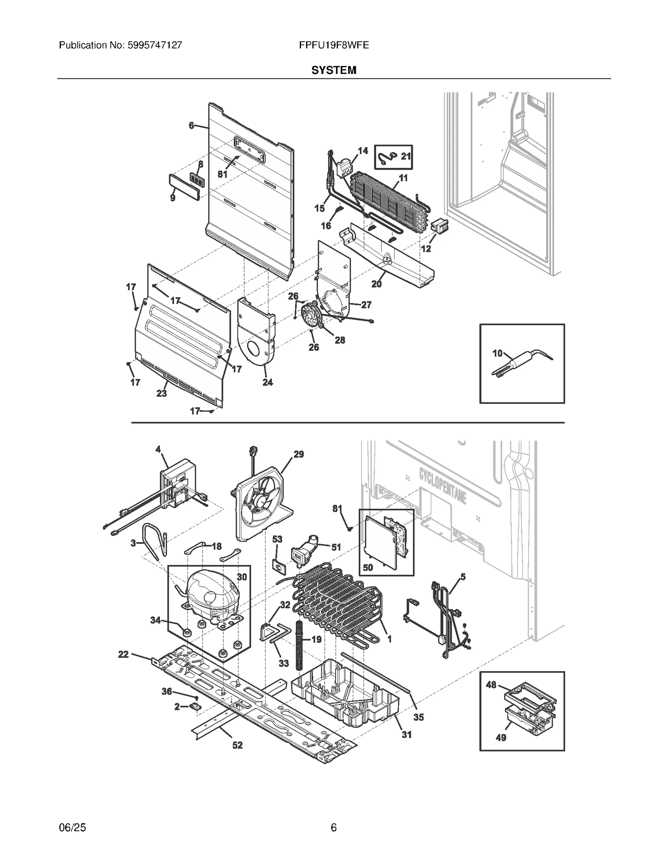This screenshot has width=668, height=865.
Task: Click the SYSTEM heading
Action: [x=334, y=70]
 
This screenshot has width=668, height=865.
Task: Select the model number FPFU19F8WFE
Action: [x=334, y=45]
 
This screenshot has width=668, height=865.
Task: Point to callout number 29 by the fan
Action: [x=299, y=454]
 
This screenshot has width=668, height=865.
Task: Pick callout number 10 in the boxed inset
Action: [x=497, y=353]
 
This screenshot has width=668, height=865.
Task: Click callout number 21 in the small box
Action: [x=405, y=157]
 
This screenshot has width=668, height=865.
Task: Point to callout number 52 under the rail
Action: [x=237, y=745]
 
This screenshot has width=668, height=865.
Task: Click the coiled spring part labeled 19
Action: [x=299, y=646]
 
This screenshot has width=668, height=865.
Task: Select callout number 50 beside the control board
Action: [x=368, y=567]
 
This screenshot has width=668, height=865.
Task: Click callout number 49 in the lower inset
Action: [x=501, y=738]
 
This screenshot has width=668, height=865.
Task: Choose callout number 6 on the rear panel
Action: [x=192, y=125]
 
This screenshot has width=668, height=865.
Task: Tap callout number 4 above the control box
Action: [x=158, y=449]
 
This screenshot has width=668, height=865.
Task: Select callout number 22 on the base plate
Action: [x=123, y=654]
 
